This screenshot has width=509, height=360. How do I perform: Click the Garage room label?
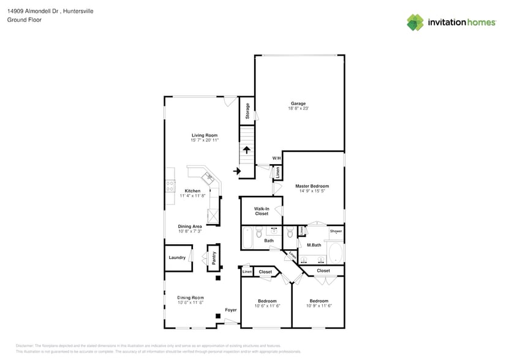tap(298, 103)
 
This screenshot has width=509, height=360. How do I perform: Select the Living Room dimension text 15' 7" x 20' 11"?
tap(205, 141)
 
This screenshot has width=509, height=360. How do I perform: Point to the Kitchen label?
tap(192, 191)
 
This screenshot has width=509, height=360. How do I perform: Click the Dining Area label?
tap(190, 227)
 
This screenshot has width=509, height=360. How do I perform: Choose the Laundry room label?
tap(177, 258)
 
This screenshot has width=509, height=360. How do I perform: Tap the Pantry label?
tap(214, 258)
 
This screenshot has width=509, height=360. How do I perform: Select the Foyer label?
tap(230, 310)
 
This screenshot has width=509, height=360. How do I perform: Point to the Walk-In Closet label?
tap(262, 211)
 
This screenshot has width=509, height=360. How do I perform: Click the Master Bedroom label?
tap(312, 186)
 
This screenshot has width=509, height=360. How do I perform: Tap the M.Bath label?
tap(314, 246)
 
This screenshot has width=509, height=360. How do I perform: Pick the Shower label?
tap(336, 231)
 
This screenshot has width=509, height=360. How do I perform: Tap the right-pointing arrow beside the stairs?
tap(236, 171)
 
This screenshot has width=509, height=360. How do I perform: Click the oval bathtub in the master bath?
tap(335, 252)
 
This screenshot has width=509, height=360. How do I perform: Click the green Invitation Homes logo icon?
tap(415, 22)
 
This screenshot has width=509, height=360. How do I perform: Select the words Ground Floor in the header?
tap(24, 20)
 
